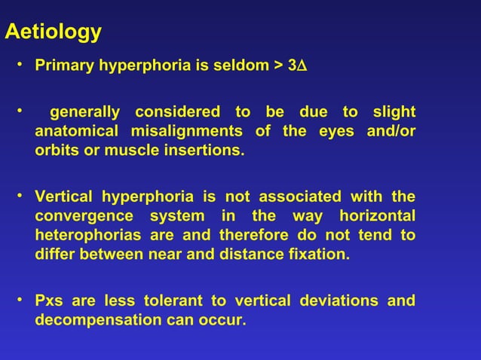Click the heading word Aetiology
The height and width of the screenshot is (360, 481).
coord(53,32)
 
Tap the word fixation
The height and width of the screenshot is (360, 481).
coord(320,254)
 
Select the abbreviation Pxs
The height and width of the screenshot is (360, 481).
coord(49,301)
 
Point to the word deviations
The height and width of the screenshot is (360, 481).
coord(339,301)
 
